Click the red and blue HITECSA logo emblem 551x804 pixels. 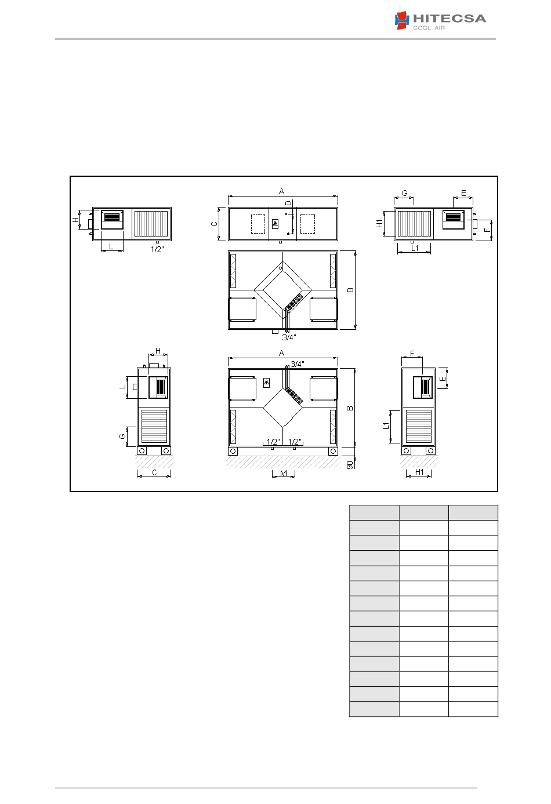402,20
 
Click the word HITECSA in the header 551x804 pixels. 449,19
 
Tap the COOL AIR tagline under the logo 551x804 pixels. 429,28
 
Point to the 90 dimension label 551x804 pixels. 350,465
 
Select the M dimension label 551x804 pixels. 284,473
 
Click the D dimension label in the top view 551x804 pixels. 288,203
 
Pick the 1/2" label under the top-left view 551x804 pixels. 157,249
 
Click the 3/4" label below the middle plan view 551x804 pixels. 289,337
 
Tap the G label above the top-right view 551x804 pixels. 405,193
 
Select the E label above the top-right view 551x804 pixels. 463,193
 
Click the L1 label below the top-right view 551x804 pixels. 415,248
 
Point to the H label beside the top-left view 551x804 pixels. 75,220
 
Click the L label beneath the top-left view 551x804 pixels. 111,246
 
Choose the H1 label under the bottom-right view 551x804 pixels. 419,472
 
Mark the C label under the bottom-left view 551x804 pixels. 154,472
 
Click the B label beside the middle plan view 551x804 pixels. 350,290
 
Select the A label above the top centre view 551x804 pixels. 282,192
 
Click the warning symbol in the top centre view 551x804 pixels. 275,224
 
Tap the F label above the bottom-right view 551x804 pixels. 412,354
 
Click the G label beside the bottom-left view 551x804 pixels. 122,436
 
